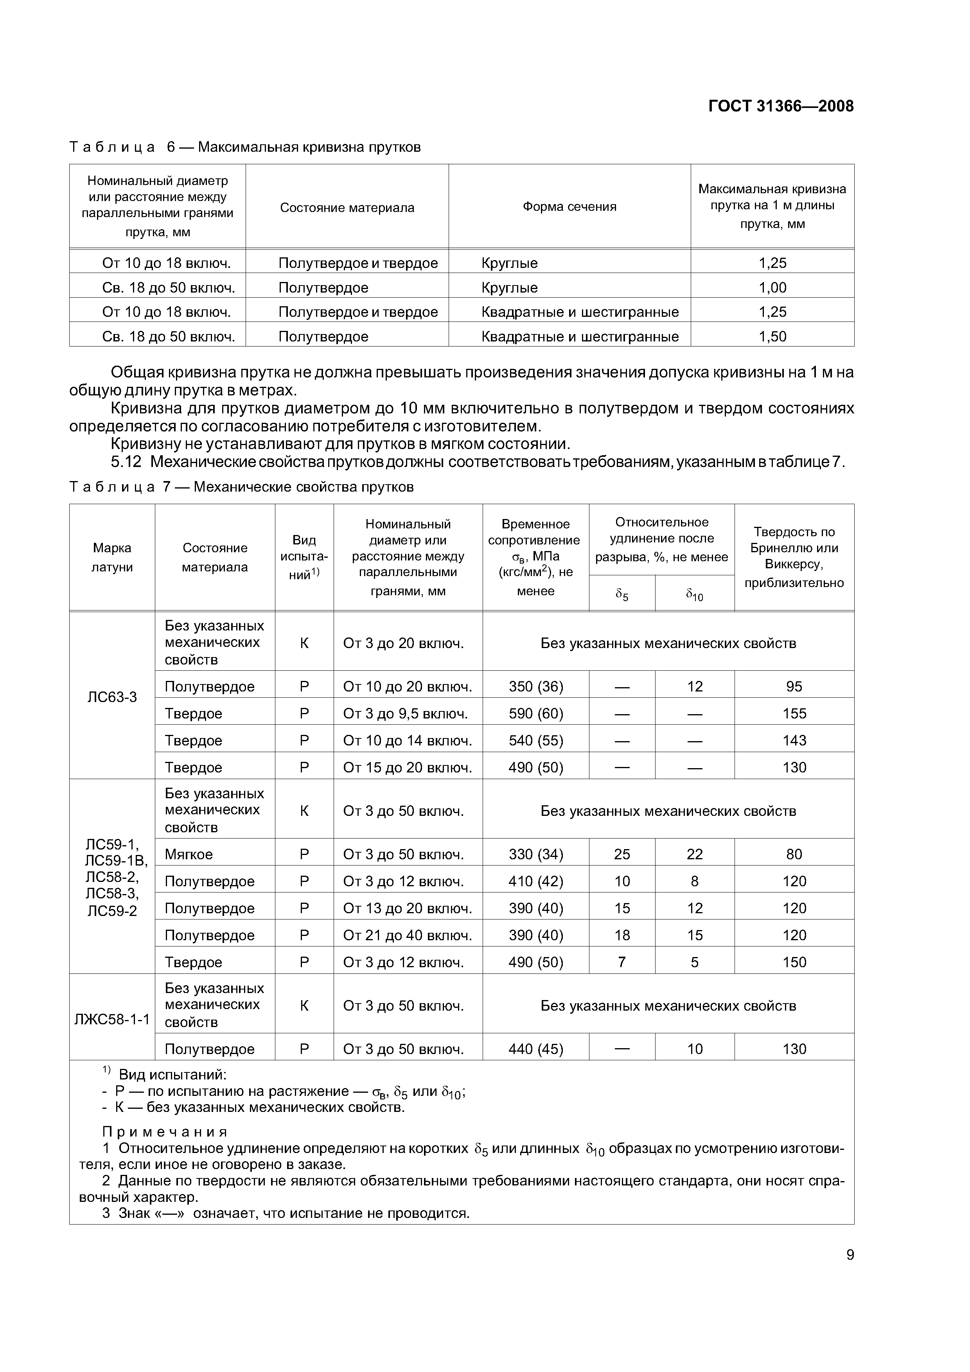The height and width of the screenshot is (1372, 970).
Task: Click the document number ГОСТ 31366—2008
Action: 781,106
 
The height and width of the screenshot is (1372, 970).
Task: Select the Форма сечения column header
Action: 569,207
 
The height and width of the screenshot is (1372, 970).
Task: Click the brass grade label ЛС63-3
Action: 112,697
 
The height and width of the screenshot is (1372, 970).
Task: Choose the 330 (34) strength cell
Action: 535,855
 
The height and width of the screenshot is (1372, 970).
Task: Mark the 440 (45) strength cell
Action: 535,1049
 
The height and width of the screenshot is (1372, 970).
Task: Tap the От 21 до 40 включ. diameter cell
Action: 407,935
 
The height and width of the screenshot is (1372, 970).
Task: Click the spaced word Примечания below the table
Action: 165,1132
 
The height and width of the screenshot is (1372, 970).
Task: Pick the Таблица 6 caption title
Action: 245,147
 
